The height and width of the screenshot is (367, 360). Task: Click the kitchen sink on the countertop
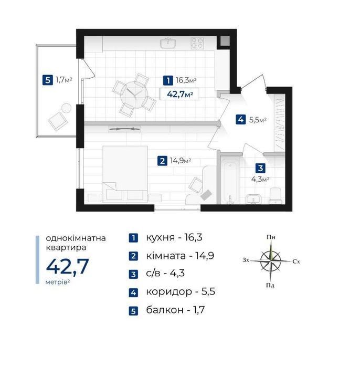[168, 43]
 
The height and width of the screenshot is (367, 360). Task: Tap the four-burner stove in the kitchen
[197, 43]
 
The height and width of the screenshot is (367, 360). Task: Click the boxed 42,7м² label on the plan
[179, 94]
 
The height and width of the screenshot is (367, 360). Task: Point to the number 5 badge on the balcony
[48, 80]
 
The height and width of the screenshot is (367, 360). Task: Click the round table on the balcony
[66, 108]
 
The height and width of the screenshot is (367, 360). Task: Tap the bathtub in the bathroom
[230, 180]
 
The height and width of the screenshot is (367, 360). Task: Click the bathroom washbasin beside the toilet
[253, 199]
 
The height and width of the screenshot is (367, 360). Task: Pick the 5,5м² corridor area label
[258, 120]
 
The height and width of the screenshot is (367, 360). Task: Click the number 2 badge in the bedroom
[162, 161]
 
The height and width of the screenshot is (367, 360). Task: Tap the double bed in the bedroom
[125, 174]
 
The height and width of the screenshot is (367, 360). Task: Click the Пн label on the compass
[271, 237]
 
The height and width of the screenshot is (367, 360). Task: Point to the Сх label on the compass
[296, 261]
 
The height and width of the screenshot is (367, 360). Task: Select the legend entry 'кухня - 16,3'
[174, 237]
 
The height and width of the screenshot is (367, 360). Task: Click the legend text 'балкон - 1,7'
[175, 310]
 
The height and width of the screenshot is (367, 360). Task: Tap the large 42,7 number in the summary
[68, 266]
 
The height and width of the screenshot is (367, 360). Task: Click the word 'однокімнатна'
[76, 238]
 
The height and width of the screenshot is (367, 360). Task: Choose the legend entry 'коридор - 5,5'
[181, 291]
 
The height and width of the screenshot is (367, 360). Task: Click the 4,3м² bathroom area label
[260, 179]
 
